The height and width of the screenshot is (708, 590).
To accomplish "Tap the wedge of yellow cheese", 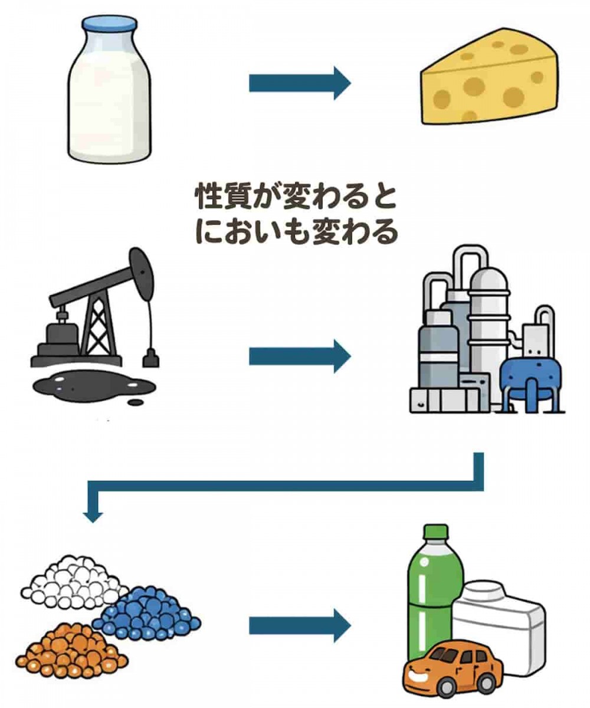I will [490, 86].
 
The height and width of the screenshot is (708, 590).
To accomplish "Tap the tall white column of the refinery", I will [487, 319].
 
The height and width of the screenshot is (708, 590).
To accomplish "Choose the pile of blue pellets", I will [147, 614].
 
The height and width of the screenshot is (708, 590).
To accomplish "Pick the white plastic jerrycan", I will [501, 619].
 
